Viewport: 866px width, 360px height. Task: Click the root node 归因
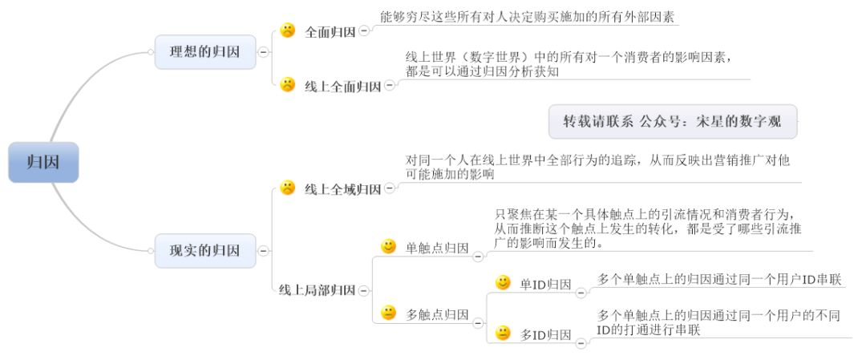pos(43,162)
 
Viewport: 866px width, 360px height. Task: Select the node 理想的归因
pos(205,52)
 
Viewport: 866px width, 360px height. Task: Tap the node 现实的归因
pos(205,251)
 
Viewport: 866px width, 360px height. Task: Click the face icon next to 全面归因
pos(288,30)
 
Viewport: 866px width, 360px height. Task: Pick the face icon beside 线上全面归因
pos(288,84)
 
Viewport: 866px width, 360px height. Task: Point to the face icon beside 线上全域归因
pos(288,188)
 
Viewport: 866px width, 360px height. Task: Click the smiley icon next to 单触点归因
pos(389,247)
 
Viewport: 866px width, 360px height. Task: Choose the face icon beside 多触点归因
pos(389,313)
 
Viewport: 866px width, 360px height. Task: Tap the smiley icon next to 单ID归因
pos(503,283)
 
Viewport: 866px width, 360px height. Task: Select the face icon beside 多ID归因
pos(503,333)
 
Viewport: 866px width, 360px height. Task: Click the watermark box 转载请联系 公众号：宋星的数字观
pos(673,122)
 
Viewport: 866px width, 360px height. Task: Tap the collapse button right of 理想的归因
pos(264,52)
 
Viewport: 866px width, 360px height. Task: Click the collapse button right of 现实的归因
pos(264,251)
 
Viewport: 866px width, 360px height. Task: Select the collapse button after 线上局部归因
pos(363,290)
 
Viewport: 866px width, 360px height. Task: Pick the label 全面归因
pos(330,31)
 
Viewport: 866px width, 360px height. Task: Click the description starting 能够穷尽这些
pos(527,17)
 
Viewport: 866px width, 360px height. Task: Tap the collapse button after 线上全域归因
pos(390,189)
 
